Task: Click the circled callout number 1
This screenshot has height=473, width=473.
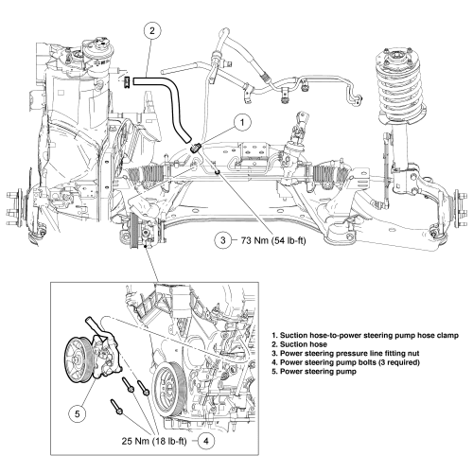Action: point(242,122)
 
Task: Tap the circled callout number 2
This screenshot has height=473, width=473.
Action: point(152,31)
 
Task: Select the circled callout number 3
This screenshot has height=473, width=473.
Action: point(223,240)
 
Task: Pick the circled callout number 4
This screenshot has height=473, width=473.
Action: point(206,441)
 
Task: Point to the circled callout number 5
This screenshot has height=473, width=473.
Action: point(78,413)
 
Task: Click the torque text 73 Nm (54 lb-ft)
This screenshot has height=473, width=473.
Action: point(273,240)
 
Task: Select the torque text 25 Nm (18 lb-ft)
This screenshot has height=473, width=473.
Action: point(154,441)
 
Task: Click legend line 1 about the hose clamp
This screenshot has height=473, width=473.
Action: point(365,336)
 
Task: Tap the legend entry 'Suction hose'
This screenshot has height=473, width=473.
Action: point(299,344)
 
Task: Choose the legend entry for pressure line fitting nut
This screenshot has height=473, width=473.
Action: point(345,354)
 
